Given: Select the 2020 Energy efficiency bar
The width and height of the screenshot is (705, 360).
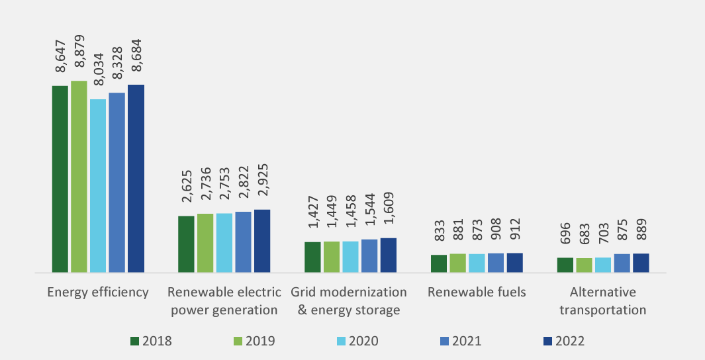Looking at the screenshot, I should (98, 185).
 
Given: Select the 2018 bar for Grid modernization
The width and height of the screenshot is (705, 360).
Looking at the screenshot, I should (312, 257).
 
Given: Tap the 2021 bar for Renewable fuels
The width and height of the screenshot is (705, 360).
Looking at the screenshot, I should (496, 262).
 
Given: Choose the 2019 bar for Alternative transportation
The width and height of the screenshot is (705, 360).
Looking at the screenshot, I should (585, 265).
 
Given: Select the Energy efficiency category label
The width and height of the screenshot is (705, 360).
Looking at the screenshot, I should (98, 292).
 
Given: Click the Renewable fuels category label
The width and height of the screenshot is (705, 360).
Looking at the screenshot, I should (477, 292).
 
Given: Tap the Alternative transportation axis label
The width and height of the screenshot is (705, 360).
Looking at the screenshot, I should (603, 301).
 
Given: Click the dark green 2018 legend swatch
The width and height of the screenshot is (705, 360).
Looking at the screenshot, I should (134, 341).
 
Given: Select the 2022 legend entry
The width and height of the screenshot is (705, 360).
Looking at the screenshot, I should (563, 341).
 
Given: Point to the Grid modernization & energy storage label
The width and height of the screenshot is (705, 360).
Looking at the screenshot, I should (350, 301).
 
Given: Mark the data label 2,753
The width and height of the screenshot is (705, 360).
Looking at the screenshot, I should (224, 188).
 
